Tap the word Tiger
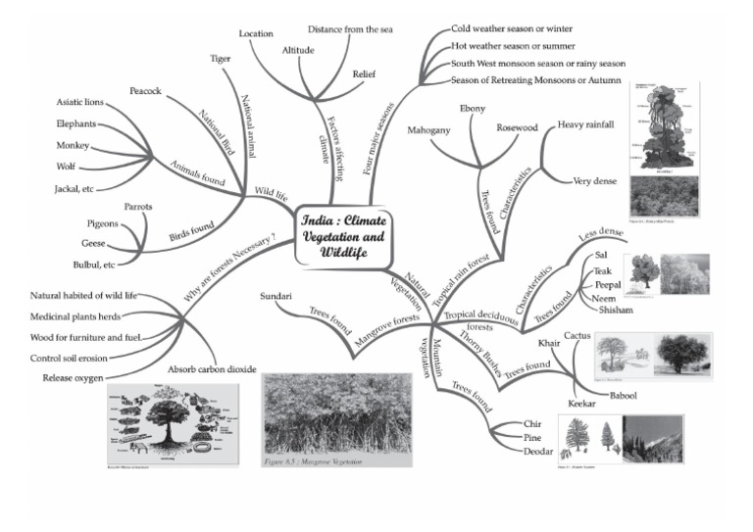[x=221, y=59]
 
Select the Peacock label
[x=146, y=91]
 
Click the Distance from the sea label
[x=350, y=29]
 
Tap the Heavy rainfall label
[x=585, y=125]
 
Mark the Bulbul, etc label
[x=98, y=265]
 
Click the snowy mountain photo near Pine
[x=653, y=438]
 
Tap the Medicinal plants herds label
[x=88, y=315]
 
